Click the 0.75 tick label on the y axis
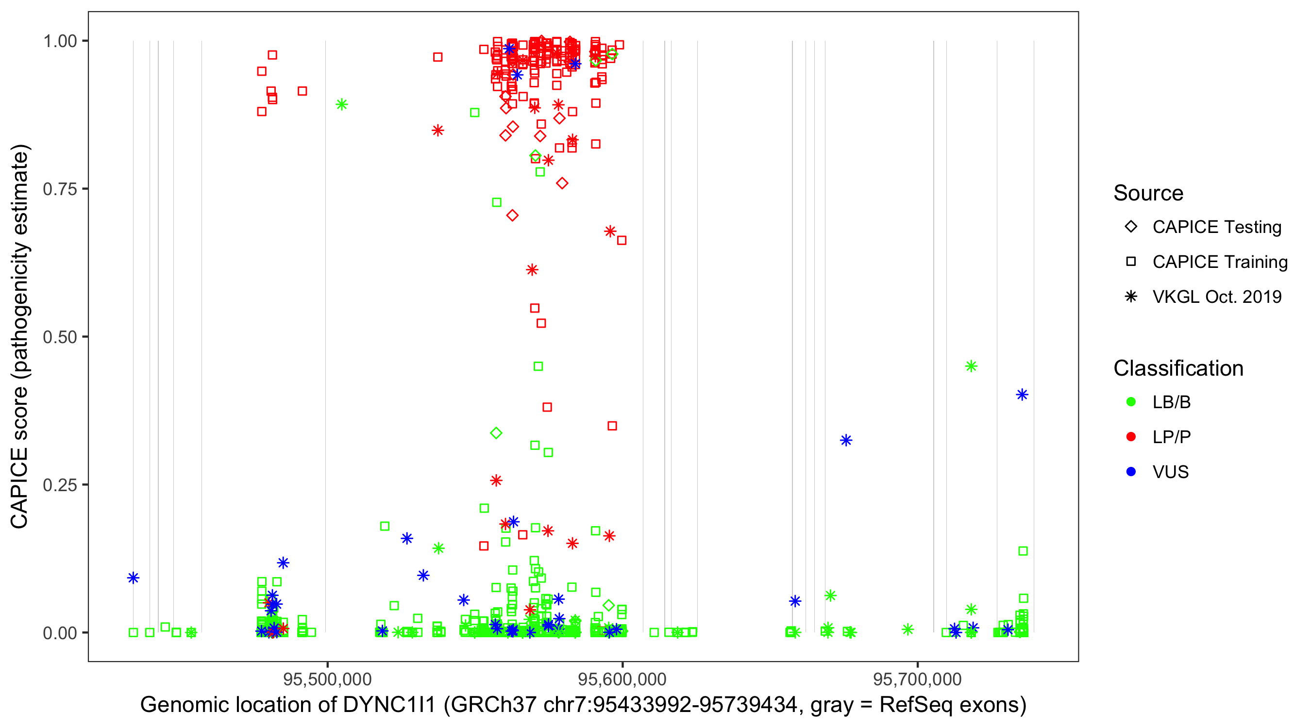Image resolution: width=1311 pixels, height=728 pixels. (59, 189)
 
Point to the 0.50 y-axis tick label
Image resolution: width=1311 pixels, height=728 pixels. (59, 337)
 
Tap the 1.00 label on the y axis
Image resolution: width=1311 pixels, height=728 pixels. (59, 41)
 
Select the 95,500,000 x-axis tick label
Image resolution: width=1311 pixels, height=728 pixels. (327, 679)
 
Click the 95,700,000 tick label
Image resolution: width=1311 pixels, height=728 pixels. (918, 679)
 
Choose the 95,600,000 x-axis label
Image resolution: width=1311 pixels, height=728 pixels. (622, 679)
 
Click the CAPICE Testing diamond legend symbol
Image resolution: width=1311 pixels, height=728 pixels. (1131, 227)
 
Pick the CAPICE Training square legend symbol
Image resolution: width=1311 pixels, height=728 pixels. (1131, 262)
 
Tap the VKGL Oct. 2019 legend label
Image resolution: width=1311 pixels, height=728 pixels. (1217, 297)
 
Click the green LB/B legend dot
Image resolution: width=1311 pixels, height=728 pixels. (1131, 402)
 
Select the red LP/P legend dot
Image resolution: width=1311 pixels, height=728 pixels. (1131, 437)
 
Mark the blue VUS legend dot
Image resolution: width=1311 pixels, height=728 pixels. (1131, 472)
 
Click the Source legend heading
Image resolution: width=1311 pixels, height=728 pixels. (1148, 193)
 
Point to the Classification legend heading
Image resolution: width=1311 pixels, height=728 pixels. (1178, 368)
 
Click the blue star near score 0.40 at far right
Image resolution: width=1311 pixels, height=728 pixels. (1022, 395)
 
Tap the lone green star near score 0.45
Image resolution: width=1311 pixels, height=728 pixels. (971, 366)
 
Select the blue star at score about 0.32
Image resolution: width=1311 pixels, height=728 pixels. (846, 441)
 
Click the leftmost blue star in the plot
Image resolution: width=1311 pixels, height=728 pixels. (134, 578)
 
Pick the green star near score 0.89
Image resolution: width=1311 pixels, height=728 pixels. (342, 105)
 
